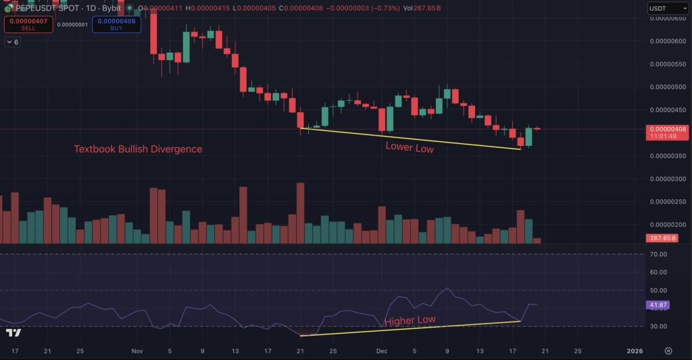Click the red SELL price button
coord(28,24)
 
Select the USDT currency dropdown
coord(665,8)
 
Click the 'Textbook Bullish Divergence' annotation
coord(138,149)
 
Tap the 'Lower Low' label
coord(410,148)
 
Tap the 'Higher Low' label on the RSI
coord(410,321)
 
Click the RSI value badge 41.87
coord(658,305)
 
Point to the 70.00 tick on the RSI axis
coord(658,254)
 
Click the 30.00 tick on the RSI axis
coord(658,326)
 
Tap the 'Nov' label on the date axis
coord(137,351)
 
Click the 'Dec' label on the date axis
coord(381,351)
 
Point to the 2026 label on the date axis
coord(635,351)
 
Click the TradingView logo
coord(13,332)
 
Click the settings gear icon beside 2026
coord(668,351)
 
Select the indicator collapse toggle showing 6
coord(13,42)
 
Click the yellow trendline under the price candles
coord(410,138)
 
